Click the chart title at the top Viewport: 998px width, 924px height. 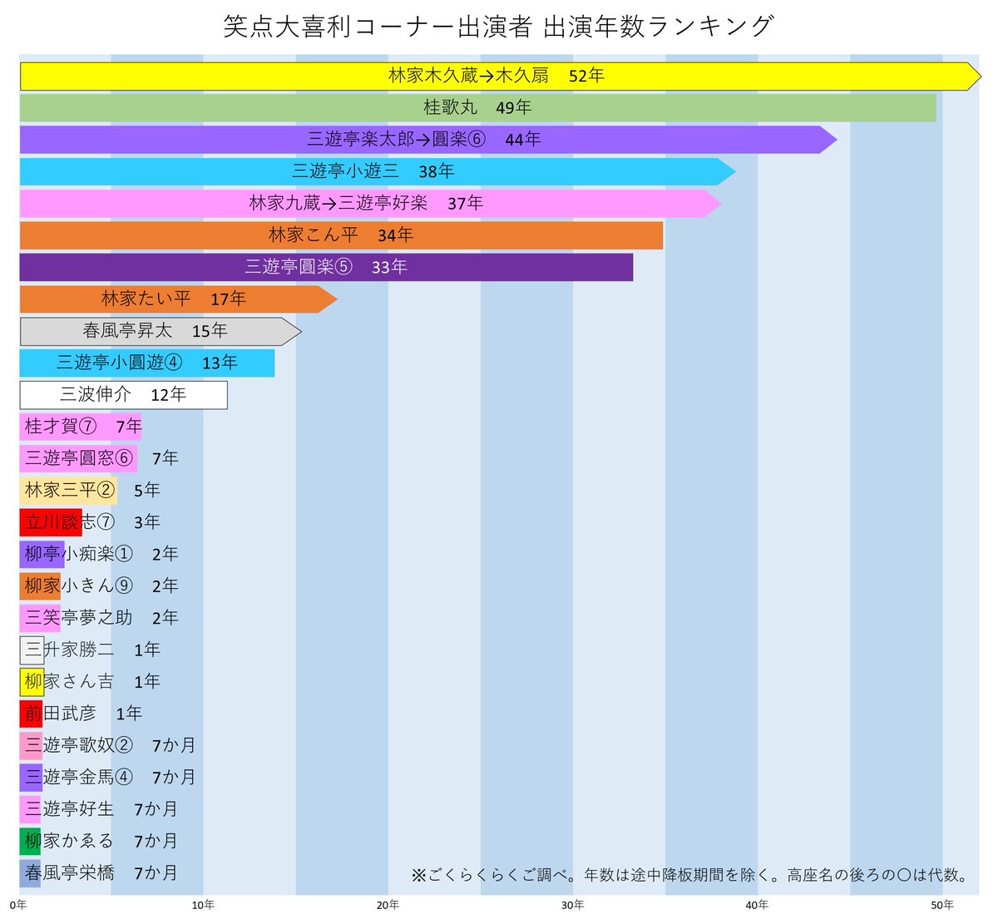coord(498,27)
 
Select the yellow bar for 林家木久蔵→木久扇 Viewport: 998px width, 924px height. coord(249,76)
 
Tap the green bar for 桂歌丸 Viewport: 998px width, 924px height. coord(249,108)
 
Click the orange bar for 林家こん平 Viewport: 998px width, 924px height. coord(166,235)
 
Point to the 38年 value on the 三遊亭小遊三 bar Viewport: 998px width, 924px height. coord(437,171)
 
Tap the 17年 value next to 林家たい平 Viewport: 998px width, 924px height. coord(228,299)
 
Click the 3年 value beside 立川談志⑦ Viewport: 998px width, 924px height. coord(146,522)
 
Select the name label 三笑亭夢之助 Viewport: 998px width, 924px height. coord(79,618)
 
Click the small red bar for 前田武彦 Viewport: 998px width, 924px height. coord(31,714)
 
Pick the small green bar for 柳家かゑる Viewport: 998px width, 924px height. coord(30,841)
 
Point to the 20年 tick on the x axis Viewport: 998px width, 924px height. coord(388,905)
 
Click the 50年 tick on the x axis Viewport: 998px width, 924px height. coord(941,905)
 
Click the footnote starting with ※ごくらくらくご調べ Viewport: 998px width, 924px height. coord(691,875)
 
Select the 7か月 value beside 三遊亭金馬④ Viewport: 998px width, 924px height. coord(174,778)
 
